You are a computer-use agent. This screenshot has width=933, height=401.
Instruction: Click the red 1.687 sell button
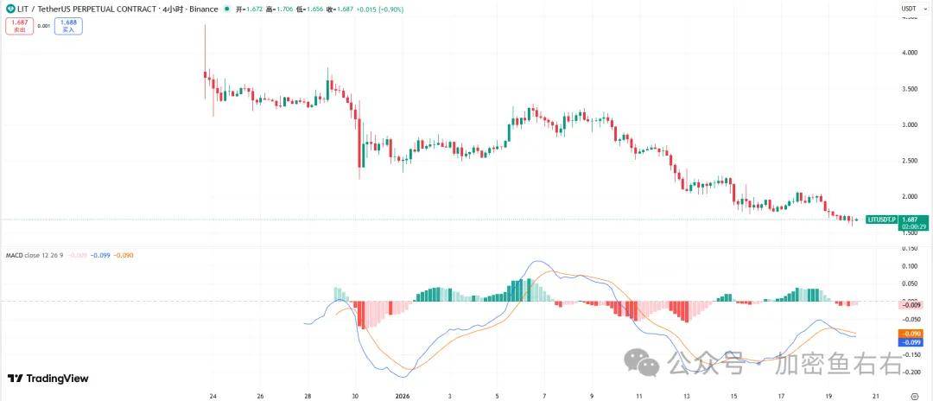18,26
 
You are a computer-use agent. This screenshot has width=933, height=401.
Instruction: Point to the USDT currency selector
909,9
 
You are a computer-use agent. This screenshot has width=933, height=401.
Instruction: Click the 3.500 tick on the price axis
909,89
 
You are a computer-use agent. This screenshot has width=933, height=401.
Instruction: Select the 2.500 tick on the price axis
909,161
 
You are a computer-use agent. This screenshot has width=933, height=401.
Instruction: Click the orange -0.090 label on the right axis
910,333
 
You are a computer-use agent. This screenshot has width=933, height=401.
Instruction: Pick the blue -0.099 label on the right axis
910,342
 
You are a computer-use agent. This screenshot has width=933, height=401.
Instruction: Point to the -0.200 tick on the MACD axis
909,372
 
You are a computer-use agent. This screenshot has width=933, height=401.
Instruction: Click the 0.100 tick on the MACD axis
909,265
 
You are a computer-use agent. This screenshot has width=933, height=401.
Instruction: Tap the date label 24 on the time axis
213,395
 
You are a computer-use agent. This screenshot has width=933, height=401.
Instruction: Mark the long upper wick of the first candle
205,43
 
